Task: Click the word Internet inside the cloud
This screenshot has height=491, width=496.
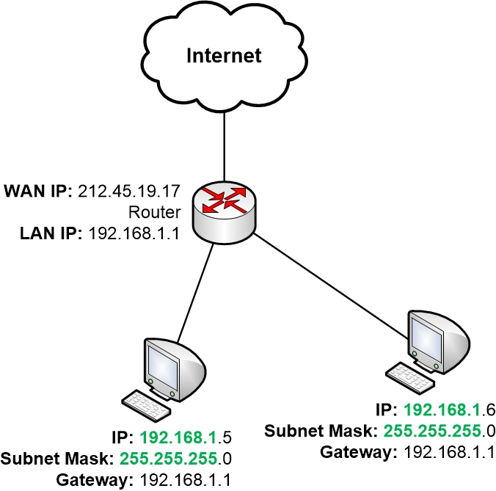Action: tap(224, 55)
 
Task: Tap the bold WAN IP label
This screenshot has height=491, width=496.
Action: tap(37, 193)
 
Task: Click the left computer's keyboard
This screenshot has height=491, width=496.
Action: tap(147, 401)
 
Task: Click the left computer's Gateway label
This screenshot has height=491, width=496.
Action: tap(88, 480)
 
